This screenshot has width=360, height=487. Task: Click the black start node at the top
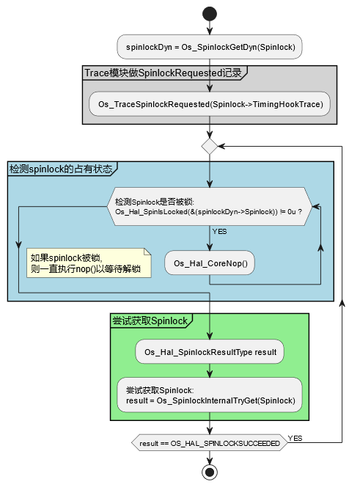click(x=210, y=13)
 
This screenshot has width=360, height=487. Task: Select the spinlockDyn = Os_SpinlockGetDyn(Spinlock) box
click(x=210, y=47)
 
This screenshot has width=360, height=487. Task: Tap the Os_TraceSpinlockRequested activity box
click(x=210, y=104)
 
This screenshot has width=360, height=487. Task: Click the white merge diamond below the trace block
click(x=210, y=146)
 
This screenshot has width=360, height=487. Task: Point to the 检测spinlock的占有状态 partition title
click(x=62, y=169)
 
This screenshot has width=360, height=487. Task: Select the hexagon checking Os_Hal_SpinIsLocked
click(x=210, y=207)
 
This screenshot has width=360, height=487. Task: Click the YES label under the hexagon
click(x=219, y=231)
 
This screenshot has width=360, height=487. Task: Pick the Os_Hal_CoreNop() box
click(x=210, y=263)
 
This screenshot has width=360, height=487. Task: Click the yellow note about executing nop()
click(x=88, y=263)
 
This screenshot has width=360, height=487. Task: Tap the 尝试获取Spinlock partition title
click(x=150, y=321)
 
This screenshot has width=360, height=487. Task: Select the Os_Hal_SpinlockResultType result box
click(x=210, y=352)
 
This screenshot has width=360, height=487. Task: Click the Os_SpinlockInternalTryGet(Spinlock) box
click(x=210, y=395)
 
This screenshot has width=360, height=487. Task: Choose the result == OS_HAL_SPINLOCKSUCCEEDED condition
click(x=210, y=443)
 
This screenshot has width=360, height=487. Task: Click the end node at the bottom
click(x=210, y=471)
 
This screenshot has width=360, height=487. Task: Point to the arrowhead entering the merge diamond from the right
click(x=222, y=146)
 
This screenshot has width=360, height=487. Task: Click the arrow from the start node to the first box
click(x=210, y=28)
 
